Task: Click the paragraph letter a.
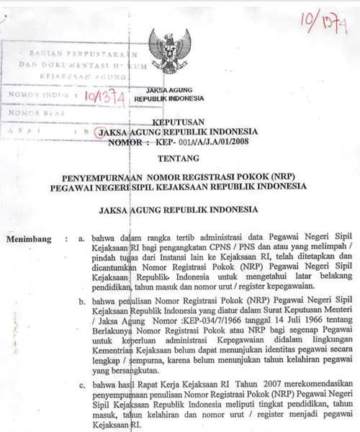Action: (x=80, y=236)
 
